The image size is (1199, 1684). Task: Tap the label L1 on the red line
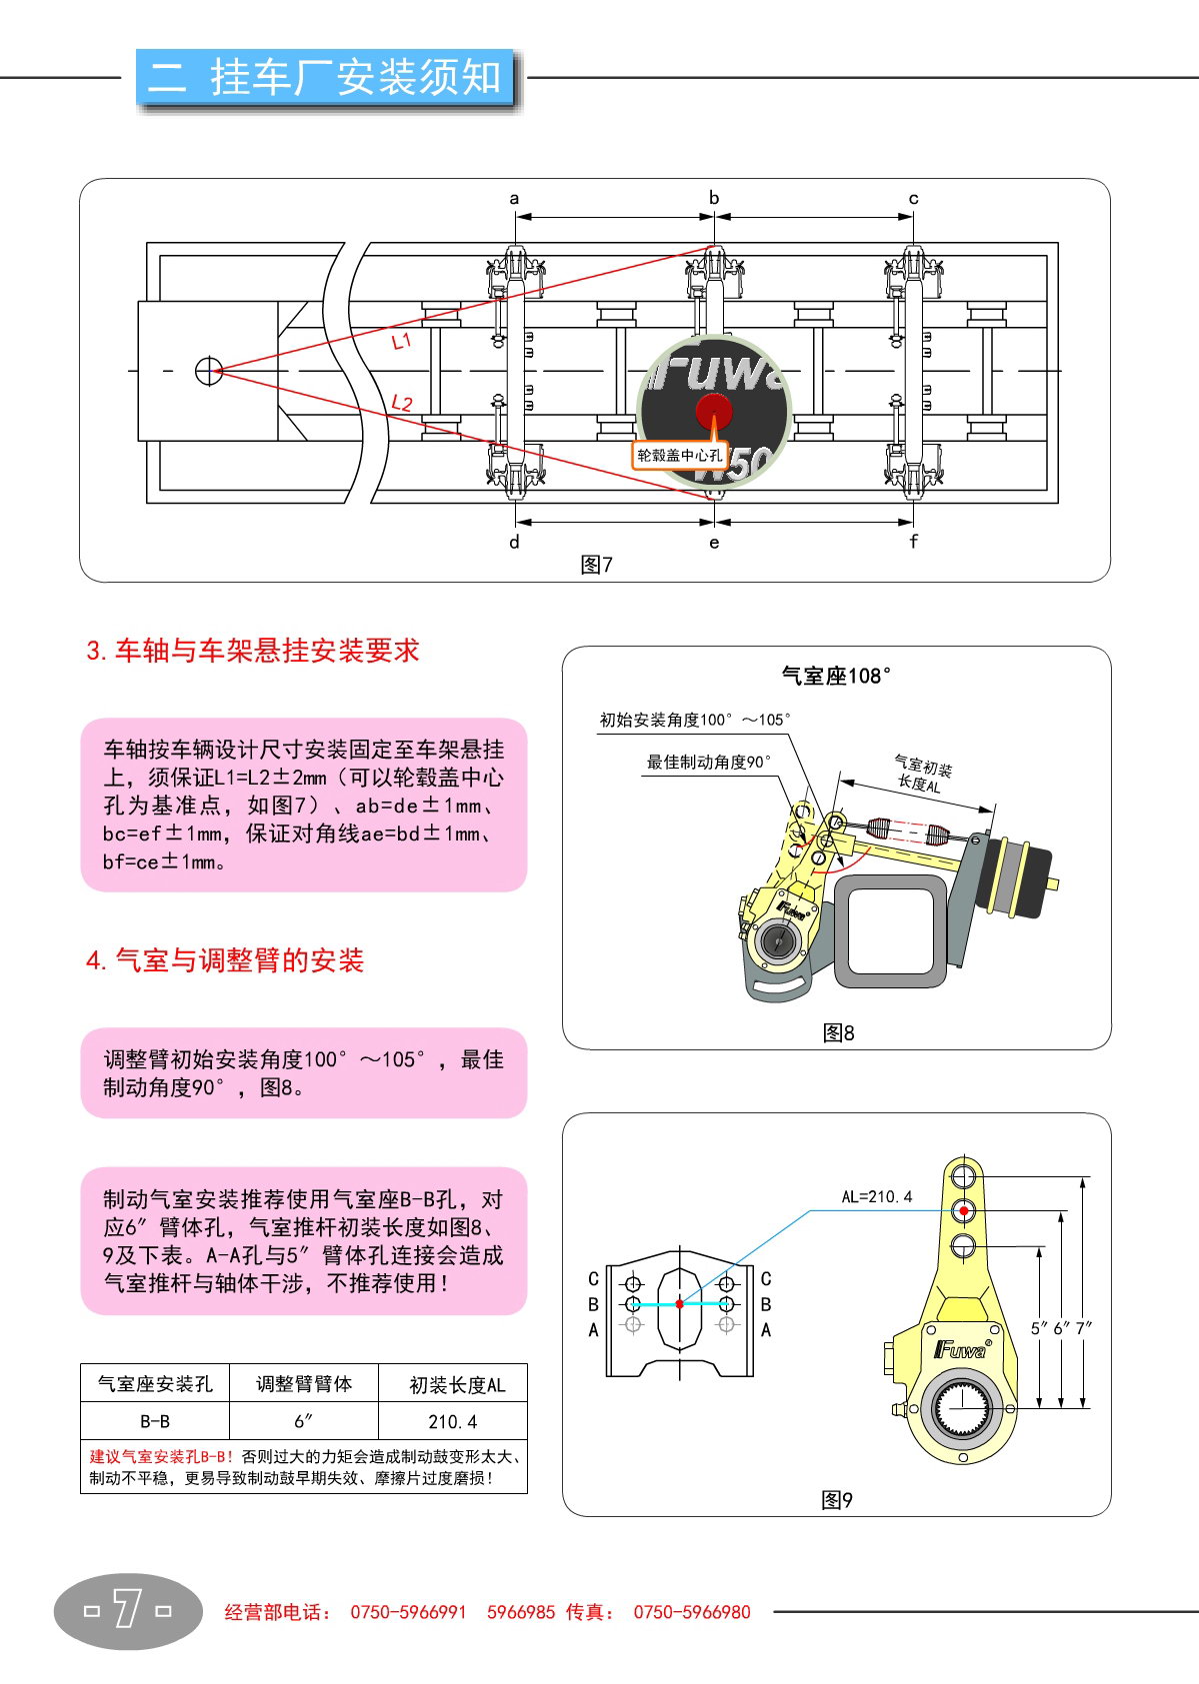point(401,342)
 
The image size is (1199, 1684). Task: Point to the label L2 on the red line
point(401,403)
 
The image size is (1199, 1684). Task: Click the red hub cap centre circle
point(714,410)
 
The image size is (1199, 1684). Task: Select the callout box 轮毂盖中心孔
point(679,456)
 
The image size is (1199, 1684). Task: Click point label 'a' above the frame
point(514,199)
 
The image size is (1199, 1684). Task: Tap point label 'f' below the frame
point(913,542)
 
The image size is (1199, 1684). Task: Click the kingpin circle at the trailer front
point(208,371)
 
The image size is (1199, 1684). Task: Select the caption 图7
point(597,565)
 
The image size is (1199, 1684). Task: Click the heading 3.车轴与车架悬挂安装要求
point(253,651)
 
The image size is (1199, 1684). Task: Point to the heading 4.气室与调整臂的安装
point(225,960)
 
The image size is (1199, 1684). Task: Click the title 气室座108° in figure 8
point(836,677)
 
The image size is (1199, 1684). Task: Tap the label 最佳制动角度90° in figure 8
point(708,763)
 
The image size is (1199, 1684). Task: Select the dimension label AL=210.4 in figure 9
point(876,1196)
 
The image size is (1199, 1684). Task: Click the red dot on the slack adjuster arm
point(963,1211)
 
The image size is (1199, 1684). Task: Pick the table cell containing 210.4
point(452,1421)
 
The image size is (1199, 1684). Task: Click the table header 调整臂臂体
point(304,1384)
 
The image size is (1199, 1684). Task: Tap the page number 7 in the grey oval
point(127,1610)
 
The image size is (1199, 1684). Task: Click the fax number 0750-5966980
point(691,1612)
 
